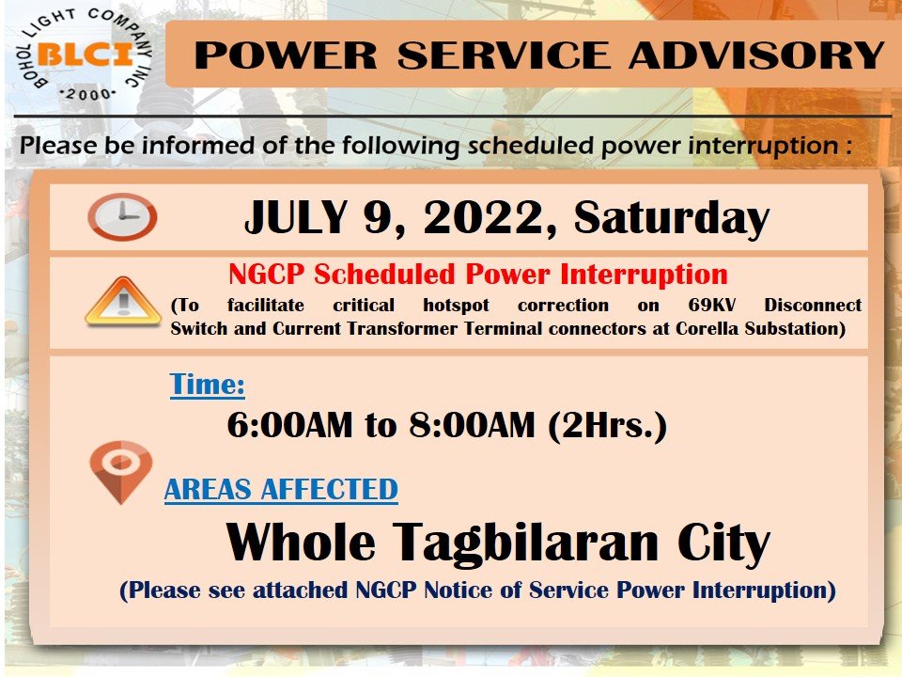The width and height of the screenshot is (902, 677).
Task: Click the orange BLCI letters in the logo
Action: pyautogui.click(x=86, y=55)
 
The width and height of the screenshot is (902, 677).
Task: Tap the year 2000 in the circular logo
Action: pyautogui.click(x=88, y=94)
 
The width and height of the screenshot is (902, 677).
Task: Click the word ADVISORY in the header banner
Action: pyautogui.click(x=756, y=55)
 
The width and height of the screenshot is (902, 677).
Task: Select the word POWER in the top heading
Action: pyautogui.click(x=286, y=55)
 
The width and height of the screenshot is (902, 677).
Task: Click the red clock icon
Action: pyautogui.click(x=122, y=217)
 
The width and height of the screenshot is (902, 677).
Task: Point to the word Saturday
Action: pyautogui.click(x=671, y=218)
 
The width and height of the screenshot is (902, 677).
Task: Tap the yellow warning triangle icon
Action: pyautogui.click(x=122, y=302)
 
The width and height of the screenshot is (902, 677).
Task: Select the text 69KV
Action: pyautogui.click(x=712, y=305)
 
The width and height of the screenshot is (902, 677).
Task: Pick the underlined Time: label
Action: pyautogui.click(x=207, y=385)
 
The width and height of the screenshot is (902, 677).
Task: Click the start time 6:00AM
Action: pyautogui.click(x=290, y=425)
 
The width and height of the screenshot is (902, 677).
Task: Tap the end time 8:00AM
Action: pyautogui.click(x=472, y=425)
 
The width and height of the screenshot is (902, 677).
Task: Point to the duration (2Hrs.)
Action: pyautogui.click(x=607, y=426)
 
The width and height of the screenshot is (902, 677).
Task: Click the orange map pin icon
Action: pyautogui.click(x=121, y=471)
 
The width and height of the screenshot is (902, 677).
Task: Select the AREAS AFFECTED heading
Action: pyautogui.click(x=281, y=490)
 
